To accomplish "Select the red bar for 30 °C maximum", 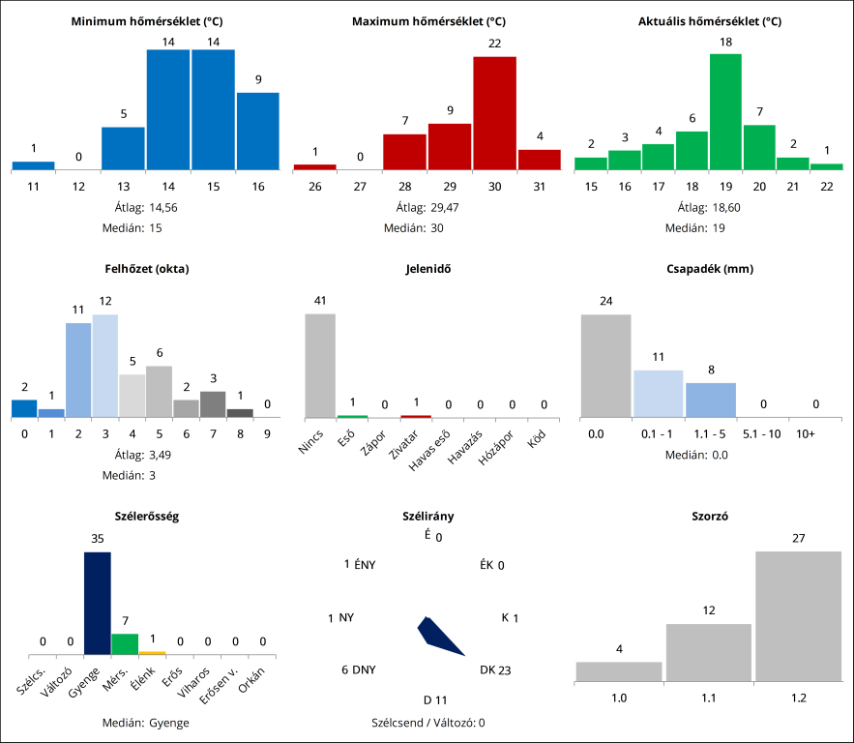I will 494,113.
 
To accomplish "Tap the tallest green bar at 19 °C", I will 725,111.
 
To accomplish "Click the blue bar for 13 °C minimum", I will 123,148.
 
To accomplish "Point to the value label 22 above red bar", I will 494,44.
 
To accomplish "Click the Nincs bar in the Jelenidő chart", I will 320,365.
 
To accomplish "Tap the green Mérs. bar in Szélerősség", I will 125,644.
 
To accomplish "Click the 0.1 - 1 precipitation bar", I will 658,393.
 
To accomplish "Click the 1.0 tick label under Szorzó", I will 619,698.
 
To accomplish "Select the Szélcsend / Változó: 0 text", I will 427,722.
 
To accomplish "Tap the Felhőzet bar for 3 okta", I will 105,365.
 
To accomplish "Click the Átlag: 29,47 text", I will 427,207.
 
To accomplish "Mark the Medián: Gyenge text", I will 145,722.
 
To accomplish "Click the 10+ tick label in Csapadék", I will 805,434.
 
